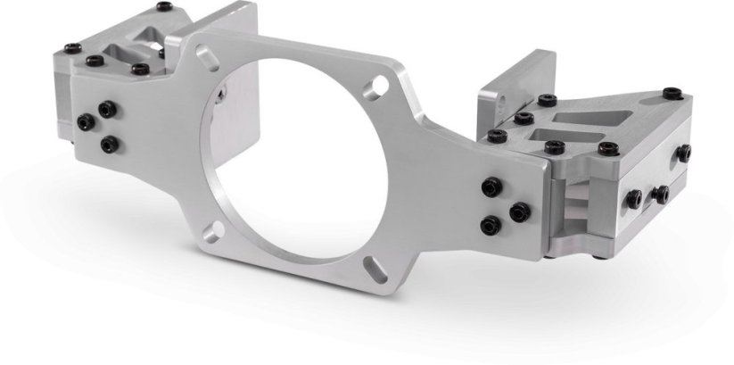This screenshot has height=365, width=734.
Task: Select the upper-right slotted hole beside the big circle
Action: [380, 85]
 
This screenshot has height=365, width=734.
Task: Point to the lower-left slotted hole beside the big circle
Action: [211, 234]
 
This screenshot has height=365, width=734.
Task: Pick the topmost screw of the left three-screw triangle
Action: [107, 109]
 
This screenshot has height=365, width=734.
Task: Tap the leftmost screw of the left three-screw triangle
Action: [86, 122]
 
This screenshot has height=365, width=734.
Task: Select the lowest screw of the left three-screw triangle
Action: [109, 143]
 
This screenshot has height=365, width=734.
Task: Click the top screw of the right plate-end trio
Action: [491, 187]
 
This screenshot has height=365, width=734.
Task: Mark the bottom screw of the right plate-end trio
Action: [490, 226]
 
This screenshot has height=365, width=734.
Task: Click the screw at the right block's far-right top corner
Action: [671, 93]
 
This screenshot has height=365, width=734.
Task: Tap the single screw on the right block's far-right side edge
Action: [683, 153]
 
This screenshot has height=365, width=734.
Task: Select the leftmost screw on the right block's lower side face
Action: [633, 199]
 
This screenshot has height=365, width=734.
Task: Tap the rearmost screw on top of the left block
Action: [163, 6]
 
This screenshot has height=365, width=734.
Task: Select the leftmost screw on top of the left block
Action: [72, 48]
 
